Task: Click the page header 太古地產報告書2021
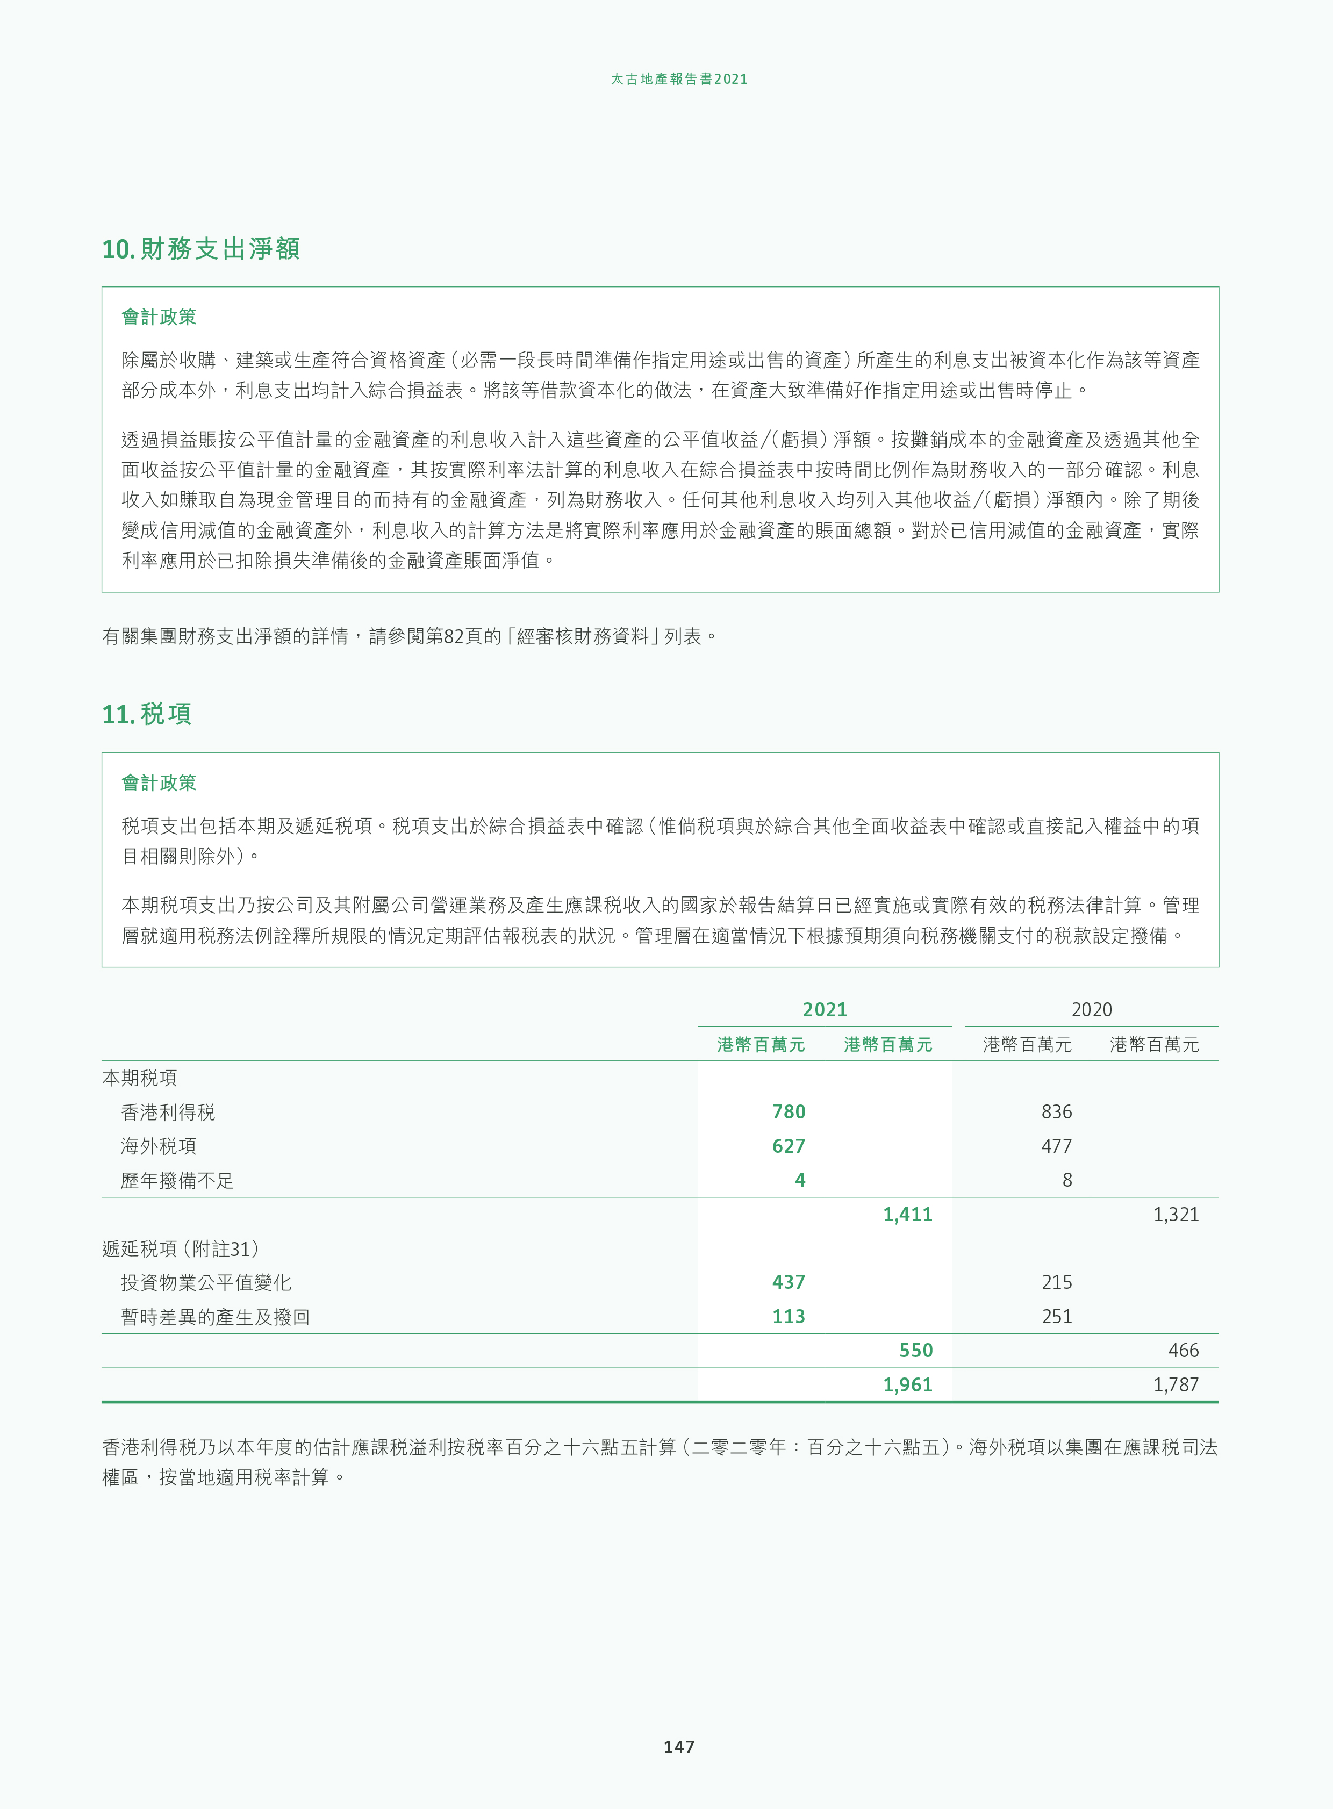pos(679,79)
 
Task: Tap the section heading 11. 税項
pos(147,714)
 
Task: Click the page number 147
pos(679,1747)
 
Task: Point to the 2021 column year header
pos(825,1009)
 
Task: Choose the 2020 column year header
pos(1091,1009)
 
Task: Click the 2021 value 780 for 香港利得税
pos(789,1112)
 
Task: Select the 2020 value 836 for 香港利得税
pos(1056,1112)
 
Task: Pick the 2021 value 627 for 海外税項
pos(789,1146)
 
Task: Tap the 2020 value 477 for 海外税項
pos(1056,1146)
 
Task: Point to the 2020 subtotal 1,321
pos(1176,1215)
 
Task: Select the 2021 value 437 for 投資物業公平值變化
pos(789,1282)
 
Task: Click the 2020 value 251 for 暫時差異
pos(1056,1317)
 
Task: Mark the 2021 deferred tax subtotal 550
pos(916,1351)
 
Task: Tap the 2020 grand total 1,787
pos(1176,1384)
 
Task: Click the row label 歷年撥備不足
pos(177,1180)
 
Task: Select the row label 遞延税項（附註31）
pos(181,1248)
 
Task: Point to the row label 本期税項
pos(140,1078)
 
